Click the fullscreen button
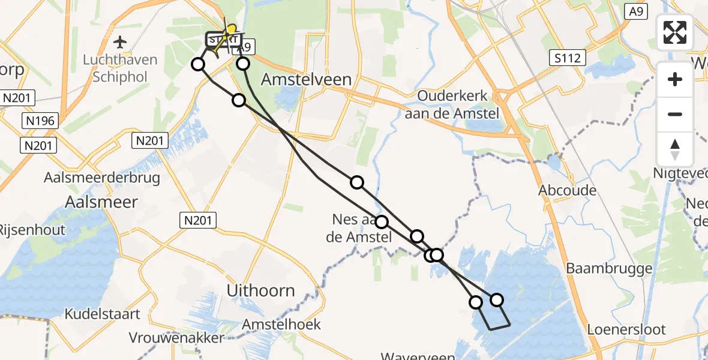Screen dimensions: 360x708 point(675,32)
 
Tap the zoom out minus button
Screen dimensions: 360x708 point(675,114)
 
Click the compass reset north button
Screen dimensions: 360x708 point(675,149)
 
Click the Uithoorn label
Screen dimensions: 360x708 point(261,291)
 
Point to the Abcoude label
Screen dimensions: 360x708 point(568,191)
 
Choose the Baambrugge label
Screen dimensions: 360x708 point(609,268)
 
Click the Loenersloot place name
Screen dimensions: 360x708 point(626,329)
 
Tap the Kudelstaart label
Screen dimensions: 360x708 point(103,314)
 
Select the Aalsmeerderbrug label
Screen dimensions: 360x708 point(102,178)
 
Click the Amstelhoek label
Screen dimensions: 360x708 point(281,325)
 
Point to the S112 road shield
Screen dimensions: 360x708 point(567,58)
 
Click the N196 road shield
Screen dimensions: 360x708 point(41,121)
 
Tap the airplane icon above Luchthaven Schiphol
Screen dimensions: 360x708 point(120,43)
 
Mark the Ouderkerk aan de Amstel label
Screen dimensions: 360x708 point(452,104)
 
